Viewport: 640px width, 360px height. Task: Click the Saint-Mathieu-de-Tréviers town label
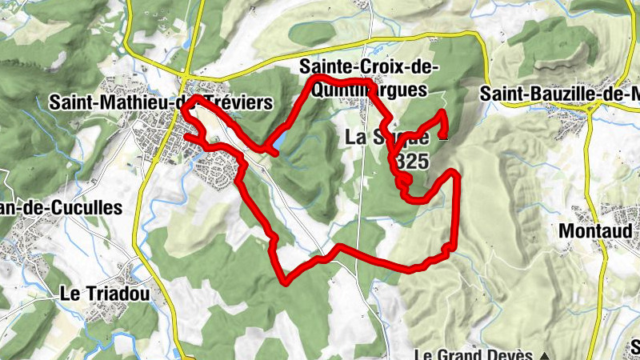160,102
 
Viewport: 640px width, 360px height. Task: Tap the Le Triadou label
105,294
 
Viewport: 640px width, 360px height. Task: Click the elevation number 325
413,161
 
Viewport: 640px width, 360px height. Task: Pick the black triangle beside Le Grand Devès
545,354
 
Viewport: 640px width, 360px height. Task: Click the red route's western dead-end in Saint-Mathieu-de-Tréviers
187,138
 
